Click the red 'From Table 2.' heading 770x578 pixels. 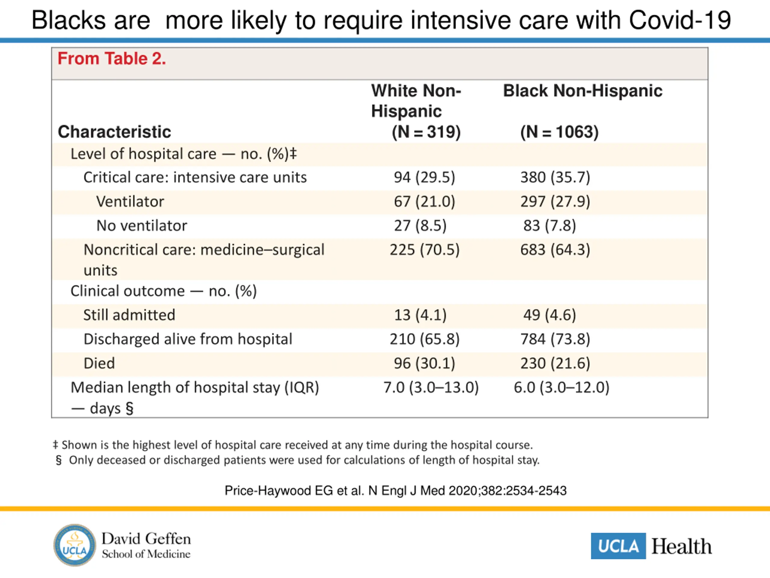coord(111,58)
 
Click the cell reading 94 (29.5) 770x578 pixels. coord(424,177)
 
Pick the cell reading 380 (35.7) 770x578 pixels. coord(555,177)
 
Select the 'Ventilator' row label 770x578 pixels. coord(130,202)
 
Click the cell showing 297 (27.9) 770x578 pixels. coord(555,202)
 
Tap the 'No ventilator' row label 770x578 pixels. coord(142,226)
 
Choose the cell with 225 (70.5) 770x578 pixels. coord(425,250)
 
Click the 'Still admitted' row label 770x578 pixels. coord(129,315)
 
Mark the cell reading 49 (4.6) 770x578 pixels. coord(550,315)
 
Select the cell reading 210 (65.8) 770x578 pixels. coord(425,339)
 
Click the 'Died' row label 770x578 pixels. coord(99,363)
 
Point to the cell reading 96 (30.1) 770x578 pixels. coord(424,363)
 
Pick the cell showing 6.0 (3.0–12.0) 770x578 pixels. coord(562,387)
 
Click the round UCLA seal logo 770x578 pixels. coord(75,545)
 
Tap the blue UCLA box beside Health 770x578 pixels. coord(618,546)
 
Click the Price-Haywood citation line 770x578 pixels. coord(396,491)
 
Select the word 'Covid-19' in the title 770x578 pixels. coord(679,20)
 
